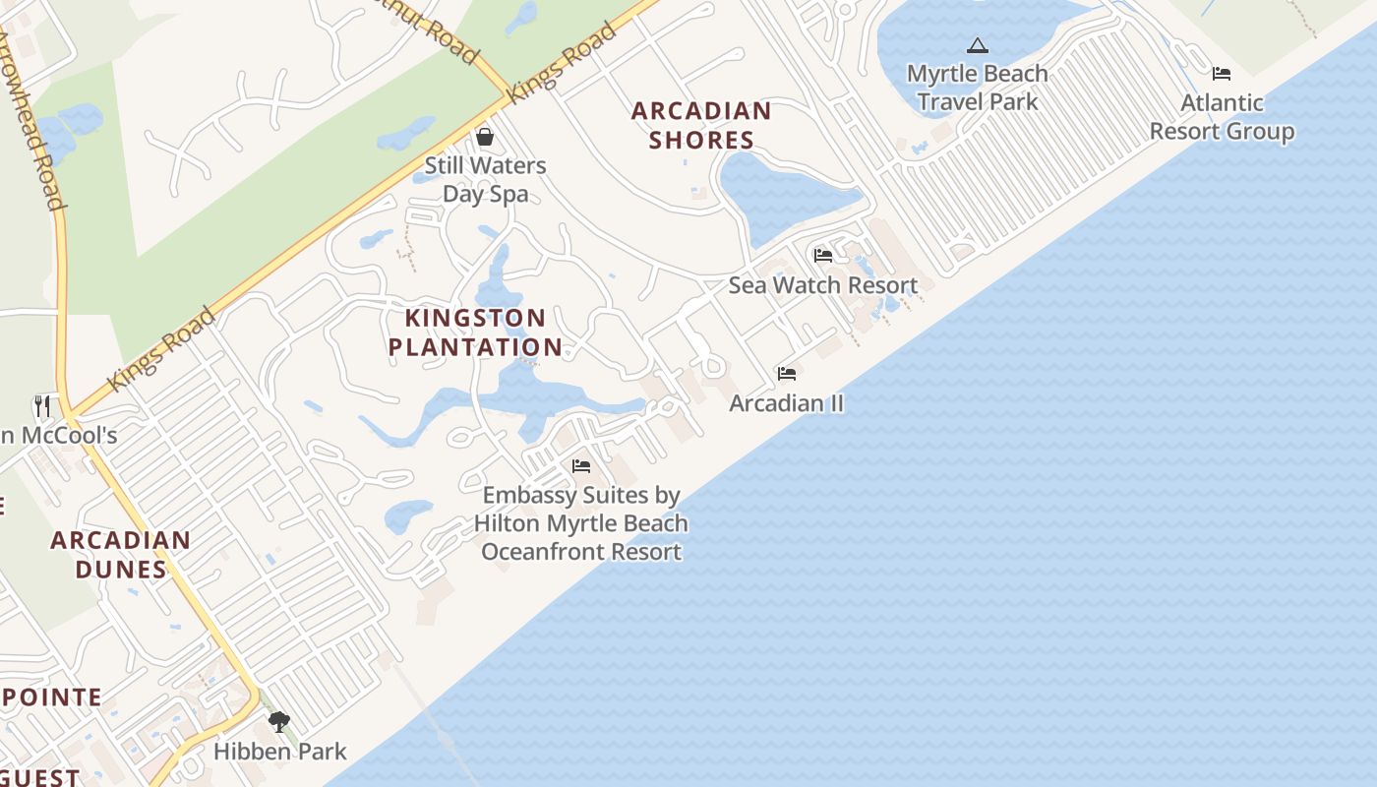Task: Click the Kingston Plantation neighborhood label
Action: tap(475, 333)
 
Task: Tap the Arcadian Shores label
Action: tap(701, 125)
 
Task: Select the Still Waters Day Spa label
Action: tap(485, 179)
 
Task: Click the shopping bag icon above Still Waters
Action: tap(484, 136)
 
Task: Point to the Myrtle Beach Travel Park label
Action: tap(977, 87)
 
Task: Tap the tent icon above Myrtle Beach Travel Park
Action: tap(977, 45)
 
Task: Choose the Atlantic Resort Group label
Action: tap(1222, 116)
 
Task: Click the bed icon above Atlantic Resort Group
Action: tap(1222, 74)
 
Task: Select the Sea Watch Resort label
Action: tap(823, 285)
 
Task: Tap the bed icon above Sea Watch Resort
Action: tap(823, 256)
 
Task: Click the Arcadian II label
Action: tap(787, 403)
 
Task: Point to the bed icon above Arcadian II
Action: tap(787, 374)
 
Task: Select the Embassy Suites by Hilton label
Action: tap(581, 522)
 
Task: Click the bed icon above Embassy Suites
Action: tap(581, 466)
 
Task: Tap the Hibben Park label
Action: tap(280, 752)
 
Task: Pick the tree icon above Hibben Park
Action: tap(279, 723)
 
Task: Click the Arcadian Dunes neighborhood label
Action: tap(121, 554)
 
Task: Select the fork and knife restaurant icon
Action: tap(42, 405)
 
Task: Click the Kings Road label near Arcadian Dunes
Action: tap(161, 348)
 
